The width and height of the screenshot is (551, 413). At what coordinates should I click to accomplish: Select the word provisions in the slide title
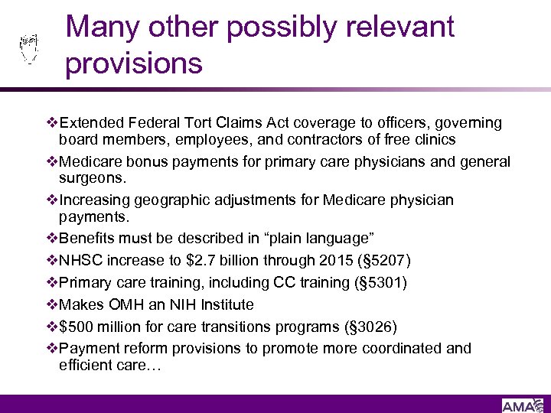tap(133, 63)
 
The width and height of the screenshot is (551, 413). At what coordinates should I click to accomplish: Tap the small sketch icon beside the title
tap(28, 47)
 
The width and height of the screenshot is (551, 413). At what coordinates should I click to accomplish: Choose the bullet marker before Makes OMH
tap(52, 304)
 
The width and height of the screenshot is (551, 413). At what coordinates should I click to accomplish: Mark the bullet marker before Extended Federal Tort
tap(52, 123)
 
